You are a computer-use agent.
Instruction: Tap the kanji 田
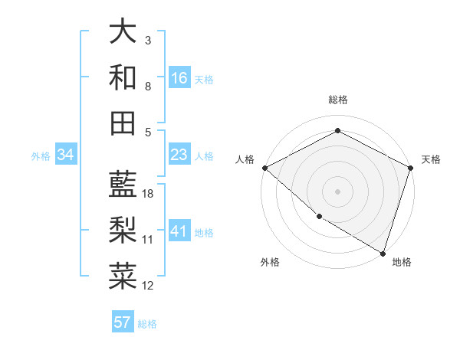tap(123, 123)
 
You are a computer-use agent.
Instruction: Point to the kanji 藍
tap(123, 183)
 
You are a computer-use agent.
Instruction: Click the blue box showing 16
tap(179, 78)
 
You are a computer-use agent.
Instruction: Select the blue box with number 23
tap(179, 155)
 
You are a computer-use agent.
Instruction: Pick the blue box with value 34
tap(66, 155)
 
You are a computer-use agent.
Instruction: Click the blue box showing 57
tap(123, 322)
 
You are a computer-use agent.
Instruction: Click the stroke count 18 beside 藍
tap(149, 194)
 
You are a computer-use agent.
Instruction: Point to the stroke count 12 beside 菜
tap(149, 286)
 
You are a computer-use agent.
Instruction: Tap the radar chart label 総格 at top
tap(337, 100)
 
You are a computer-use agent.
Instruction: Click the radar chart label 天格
tap(431, 159)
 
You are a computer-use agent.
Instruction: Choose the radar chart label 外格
tap(270, 262)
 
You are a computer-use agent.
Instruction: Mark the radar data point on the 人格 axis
tap(264, 168)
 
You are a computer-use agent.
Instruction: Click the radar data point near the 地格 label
tap(383, 252)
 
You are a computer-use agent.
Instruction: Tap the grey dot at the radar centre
tap(337, 191)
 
